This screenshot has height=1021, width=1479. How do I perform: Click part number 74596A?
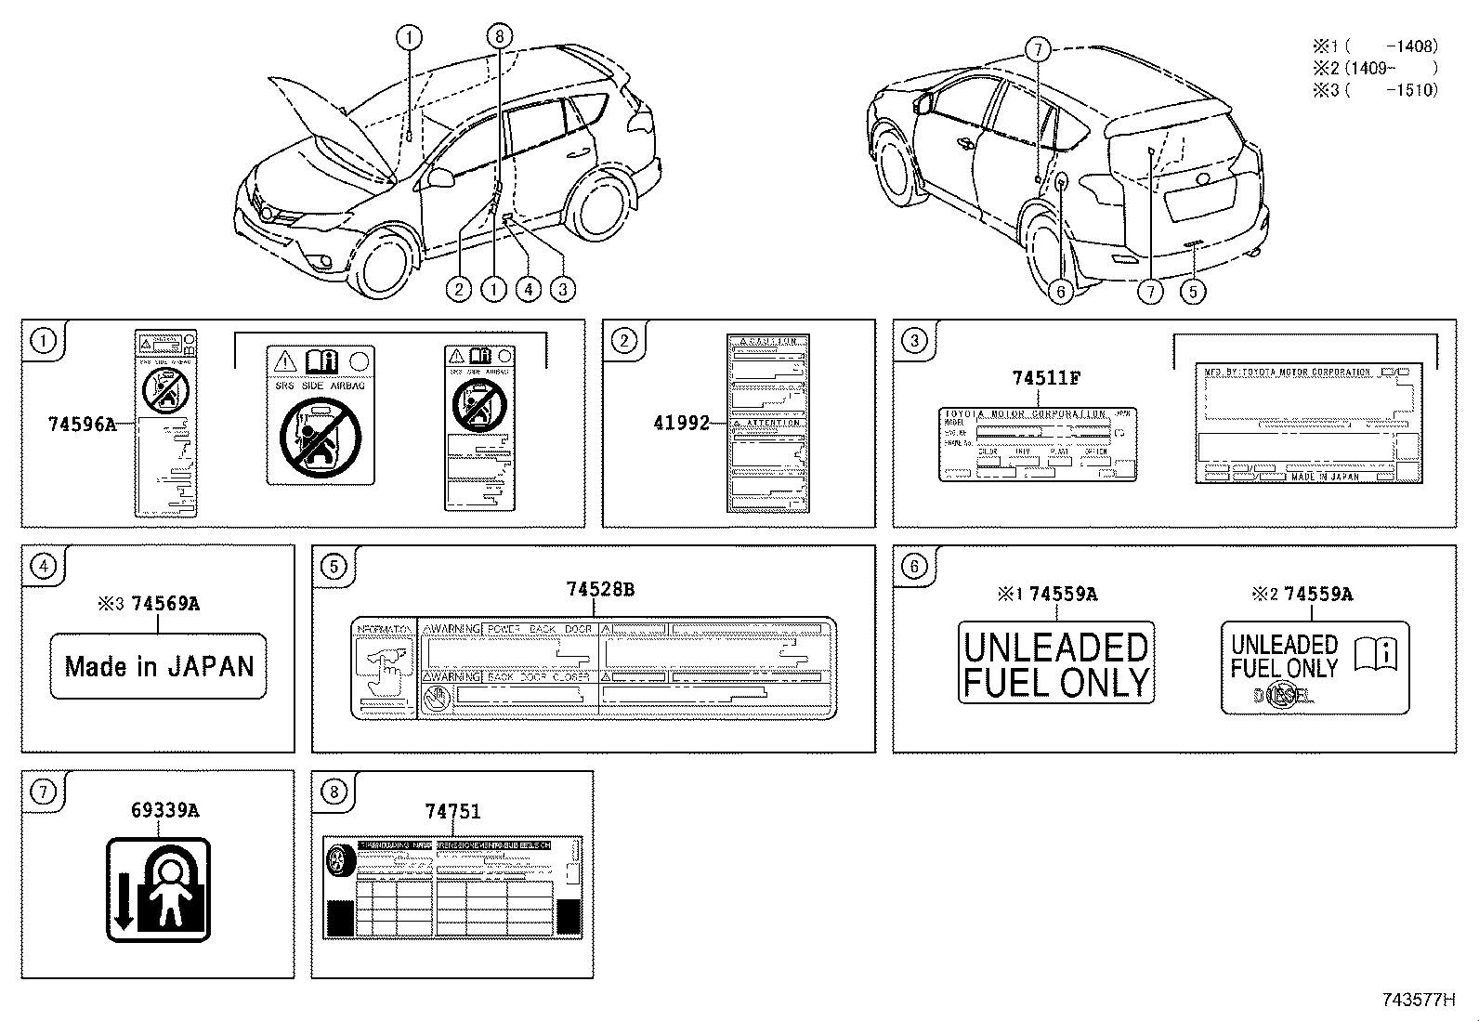pos(82,424)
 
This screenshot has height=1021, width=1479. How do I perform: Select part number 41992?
pos(681,423)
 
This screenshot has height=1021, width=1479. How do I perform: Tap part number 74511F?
pos(1045,378)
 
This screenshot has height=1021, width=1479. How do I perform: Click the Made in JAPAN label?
pos(158,666)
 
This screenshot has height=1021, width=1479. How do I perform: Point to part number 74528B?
pos(599,589)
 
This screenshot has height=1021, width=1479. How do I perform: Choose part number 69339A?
pos(164,810)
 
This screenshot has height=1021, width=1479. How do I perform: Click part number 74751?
pos(452,811)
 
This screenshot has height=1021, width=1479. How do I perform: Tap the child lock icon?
pos(159,889)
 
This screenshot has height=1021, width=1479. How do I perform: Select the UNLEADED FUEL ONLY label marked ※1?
pos(1055,663)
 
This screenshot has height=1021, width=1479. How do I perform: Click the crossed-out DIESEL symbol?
pos(1284,695)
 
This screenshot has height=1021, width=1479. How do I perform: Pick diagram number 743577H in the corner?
pos(1416,1000)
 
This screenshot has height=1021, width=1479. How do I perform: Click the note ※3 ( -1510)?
pos(1375,90)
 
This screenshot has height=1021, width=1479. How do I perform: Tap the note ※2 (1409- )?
pos(1375,68)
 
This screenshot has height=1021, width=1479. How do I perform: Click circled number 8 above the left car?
pos(499,36)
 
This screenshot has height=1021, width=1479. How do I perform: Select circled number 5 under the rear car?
pos(1192,292)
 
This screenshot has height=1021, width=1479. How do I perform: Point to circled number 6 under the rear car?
pos(1060,292)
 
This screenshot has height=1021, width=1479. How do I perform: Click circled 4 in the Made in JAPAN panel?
pos(44,566)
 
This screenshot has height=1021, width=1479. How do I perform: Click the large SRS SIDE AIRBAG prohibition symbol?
pos(321,435)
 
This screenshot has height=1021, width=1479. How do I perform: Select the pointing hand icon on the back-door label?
pos(382,668)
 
